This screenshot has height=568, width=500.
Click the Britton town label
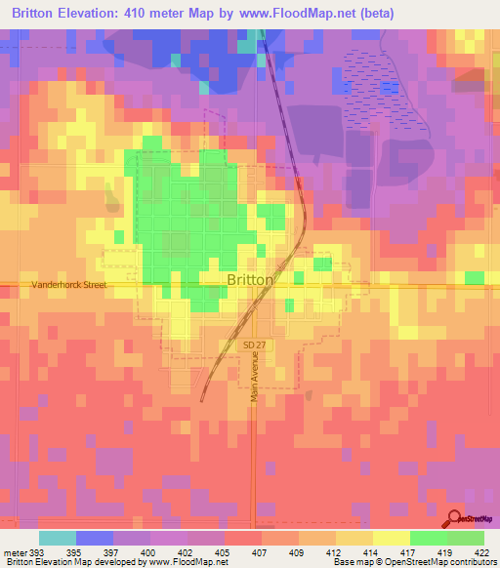coord(250,278)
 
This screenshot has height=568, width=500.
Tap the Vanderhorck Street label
coord(67,285)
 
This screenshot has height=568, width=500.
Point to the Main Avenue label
coord(255,377)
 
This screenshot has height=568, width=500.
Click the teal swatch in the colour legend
coord(58,538)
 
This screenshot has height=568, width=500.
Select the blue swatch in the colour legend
coord(95,538)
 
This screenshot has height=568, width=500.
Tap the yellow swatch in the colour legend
coord(391,538)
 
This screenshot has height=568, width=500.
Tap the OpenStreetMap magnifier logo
coord(455,520)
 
